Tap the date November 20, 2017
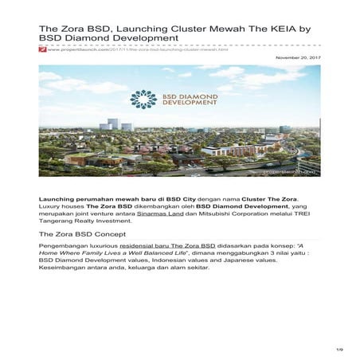[x=297, y=57]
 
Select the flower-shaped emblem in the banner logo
[x=143, y=99]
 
